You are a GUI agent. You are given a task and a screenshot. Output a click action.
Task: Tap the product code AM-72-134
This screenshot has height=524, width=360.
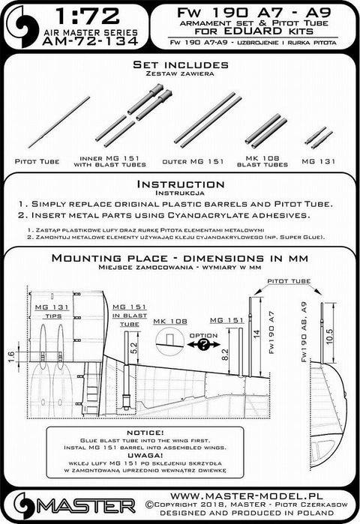pyautogui.click(x=97, y=47)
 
